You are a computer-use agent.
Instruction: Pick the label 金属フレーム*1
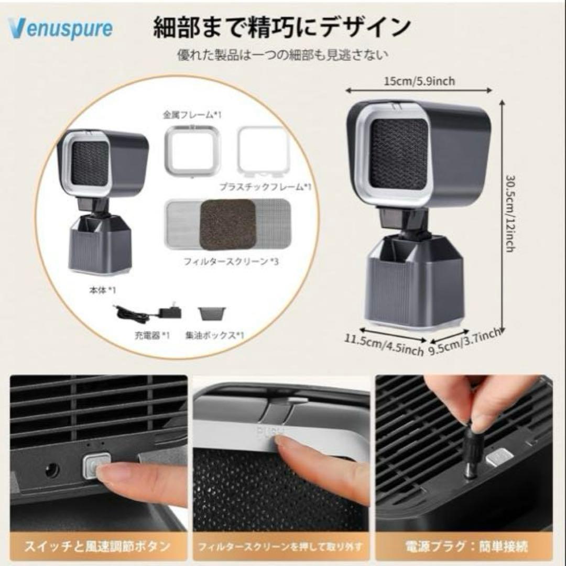[192, 114]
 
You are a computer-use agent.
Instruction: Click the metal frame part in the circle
[192, 149]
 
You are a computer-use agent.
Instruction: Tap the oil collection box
[212, 313]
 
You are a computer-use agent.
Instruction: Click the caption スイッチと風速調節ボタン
[99, 547]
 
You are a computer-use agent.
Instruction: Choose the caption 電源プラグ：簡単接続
[463, 547]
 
